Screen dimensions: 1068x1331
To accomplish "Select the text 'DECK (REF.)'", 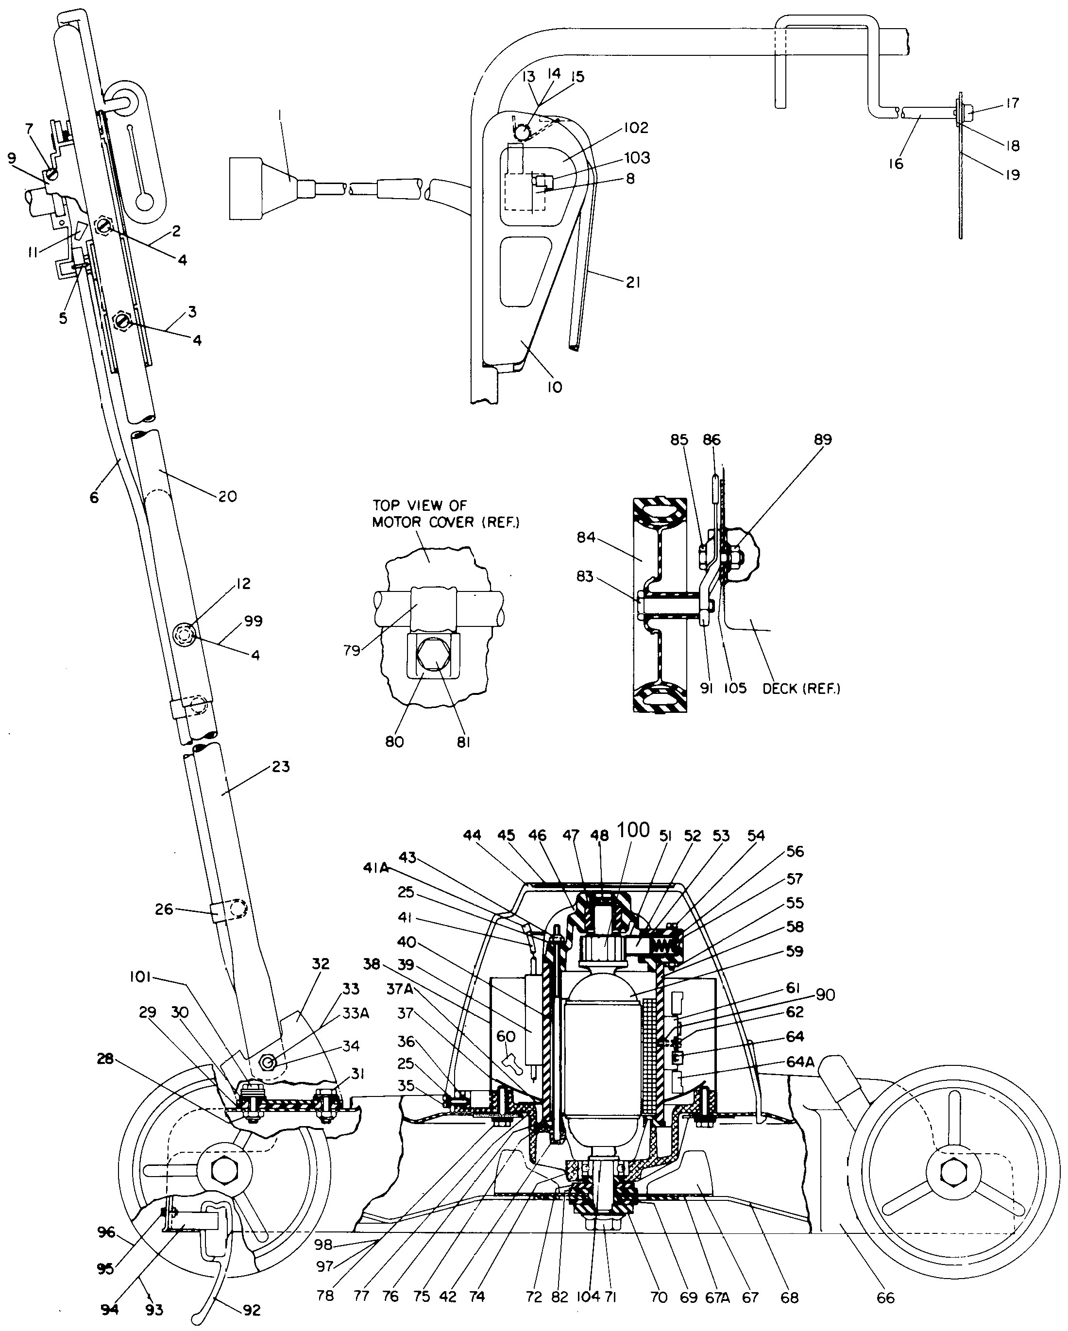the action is tap(801, 689).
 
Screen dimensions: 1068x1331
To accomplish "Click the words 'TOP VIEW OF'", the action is tap(419, 505).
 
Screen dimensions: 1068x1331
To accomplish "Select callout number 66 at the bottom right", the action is tap(885, 1297).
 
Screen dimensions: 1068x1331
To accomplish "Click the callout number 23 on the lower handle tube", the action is tap(280, 766).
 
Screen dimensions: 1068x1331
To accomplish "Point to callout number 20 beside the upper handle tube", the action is tap(227, 496).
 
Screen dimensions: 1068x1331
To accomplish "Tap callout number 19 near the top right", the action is tap(1012, 175).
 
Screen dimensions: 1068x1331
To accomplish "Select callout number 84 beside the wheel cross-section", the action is tap(586, 537).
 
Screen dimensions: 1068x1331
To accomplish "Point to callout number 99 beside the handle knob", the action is tap(253, 621).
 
